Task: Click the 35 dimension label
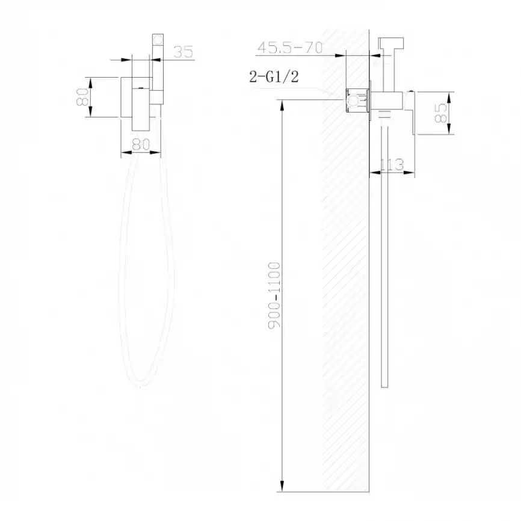pos(183,52)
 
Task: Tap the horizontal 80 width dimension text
pos(140,144)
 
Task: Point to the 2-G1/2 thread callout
pos(273,76)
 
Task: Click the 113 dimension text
pos(392,164)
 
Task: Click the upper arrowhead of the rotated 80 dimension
pos(90,79)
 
